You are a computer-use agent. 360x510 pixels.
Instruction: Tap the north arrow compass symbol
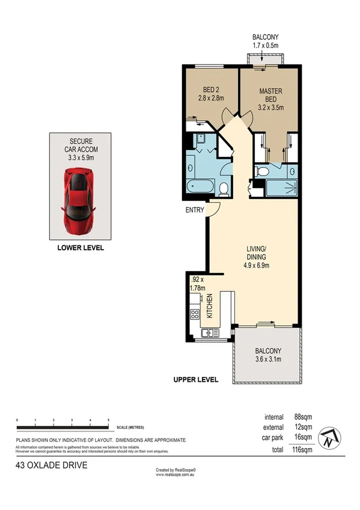(x=327, y=438)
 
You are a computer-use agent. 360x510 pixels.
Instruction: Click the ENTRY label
(x=194, y=210)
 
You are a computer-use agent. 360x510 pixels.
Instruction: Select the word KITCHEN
(x=210, y=306)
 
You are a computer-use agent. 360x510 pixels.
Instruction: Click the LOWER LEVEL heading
(x=81, y=247)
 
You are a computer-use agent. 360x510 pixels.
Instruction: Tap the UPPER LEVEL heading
(x=195, y=380)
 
